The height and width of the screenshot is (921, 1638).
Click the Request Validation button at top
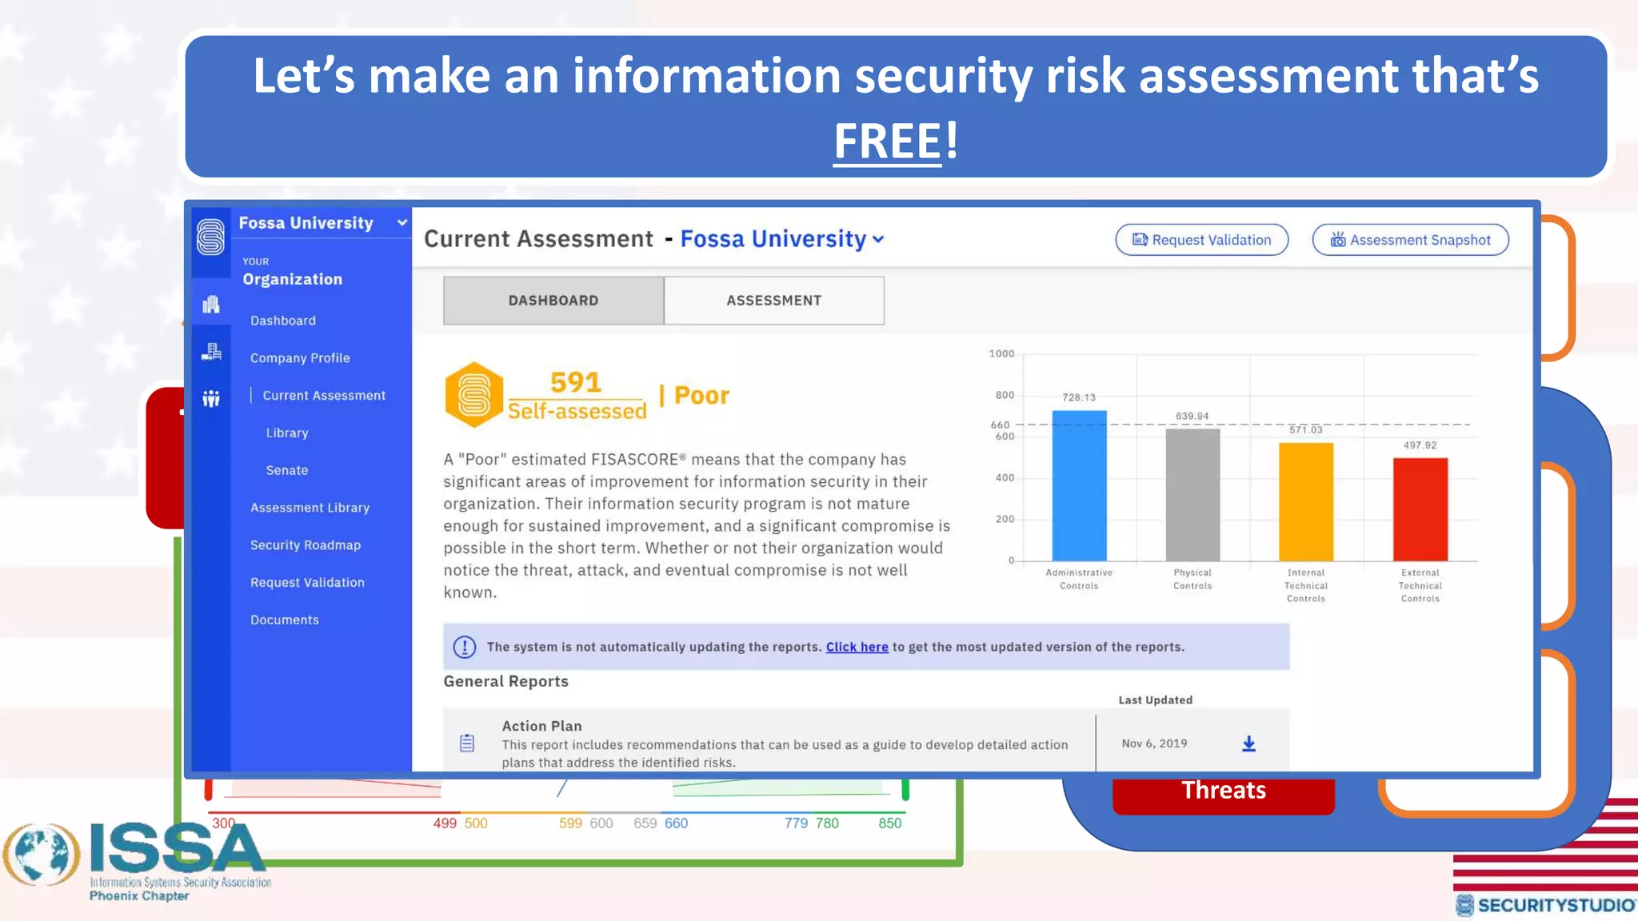pyautogui.click(x=1201, y=240)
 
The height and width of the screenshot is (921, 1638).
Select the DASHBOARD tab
pyautogui.click(x=553, y=301)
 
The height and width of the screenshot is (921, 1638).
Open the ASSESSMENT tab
pyautogui.click(x=773, y=301)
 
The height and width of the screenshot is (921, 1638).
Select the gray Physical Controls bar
pyautogui.click(x=1193, y=496)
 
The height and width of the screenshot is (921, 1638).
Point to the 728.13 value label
pyautogui.click(x=1079, y=397)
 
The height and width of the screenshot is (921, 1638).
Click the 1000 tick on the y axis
pyautogui.click(x=1001, y=353)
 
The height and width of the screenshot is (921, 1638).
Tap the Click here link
pyautogui.click(x=857, y=647)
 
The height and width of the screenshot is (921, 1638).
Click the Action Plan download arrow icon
pyautogui.click(x=1248, y=744)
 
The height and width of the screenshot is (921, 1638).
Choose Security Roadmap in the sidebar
pyautogui.click(x=306, y=545)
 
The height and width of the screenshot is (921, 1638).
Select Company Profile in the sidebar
pyautogui.click(x=300, y=358)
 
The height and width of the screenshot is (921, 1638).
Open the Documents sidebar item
pyautogui.click(x=285, y=620)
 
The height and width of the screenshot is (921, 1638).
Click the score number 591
pyautogui.click(x=576, y=382)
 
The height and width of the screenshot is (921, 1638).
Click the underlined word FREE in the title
pyautogui.click(x=887, y=141)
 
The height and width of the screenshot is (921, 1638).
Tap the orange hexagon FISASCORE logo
pyautogui.click(x=473, y=395)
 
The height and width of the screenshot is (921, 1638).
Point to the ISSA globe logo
pyautogui.click(x=42, y=855)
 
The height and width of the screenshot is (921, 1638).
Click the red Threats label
pyautogui.click(x=1224, y=791)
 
